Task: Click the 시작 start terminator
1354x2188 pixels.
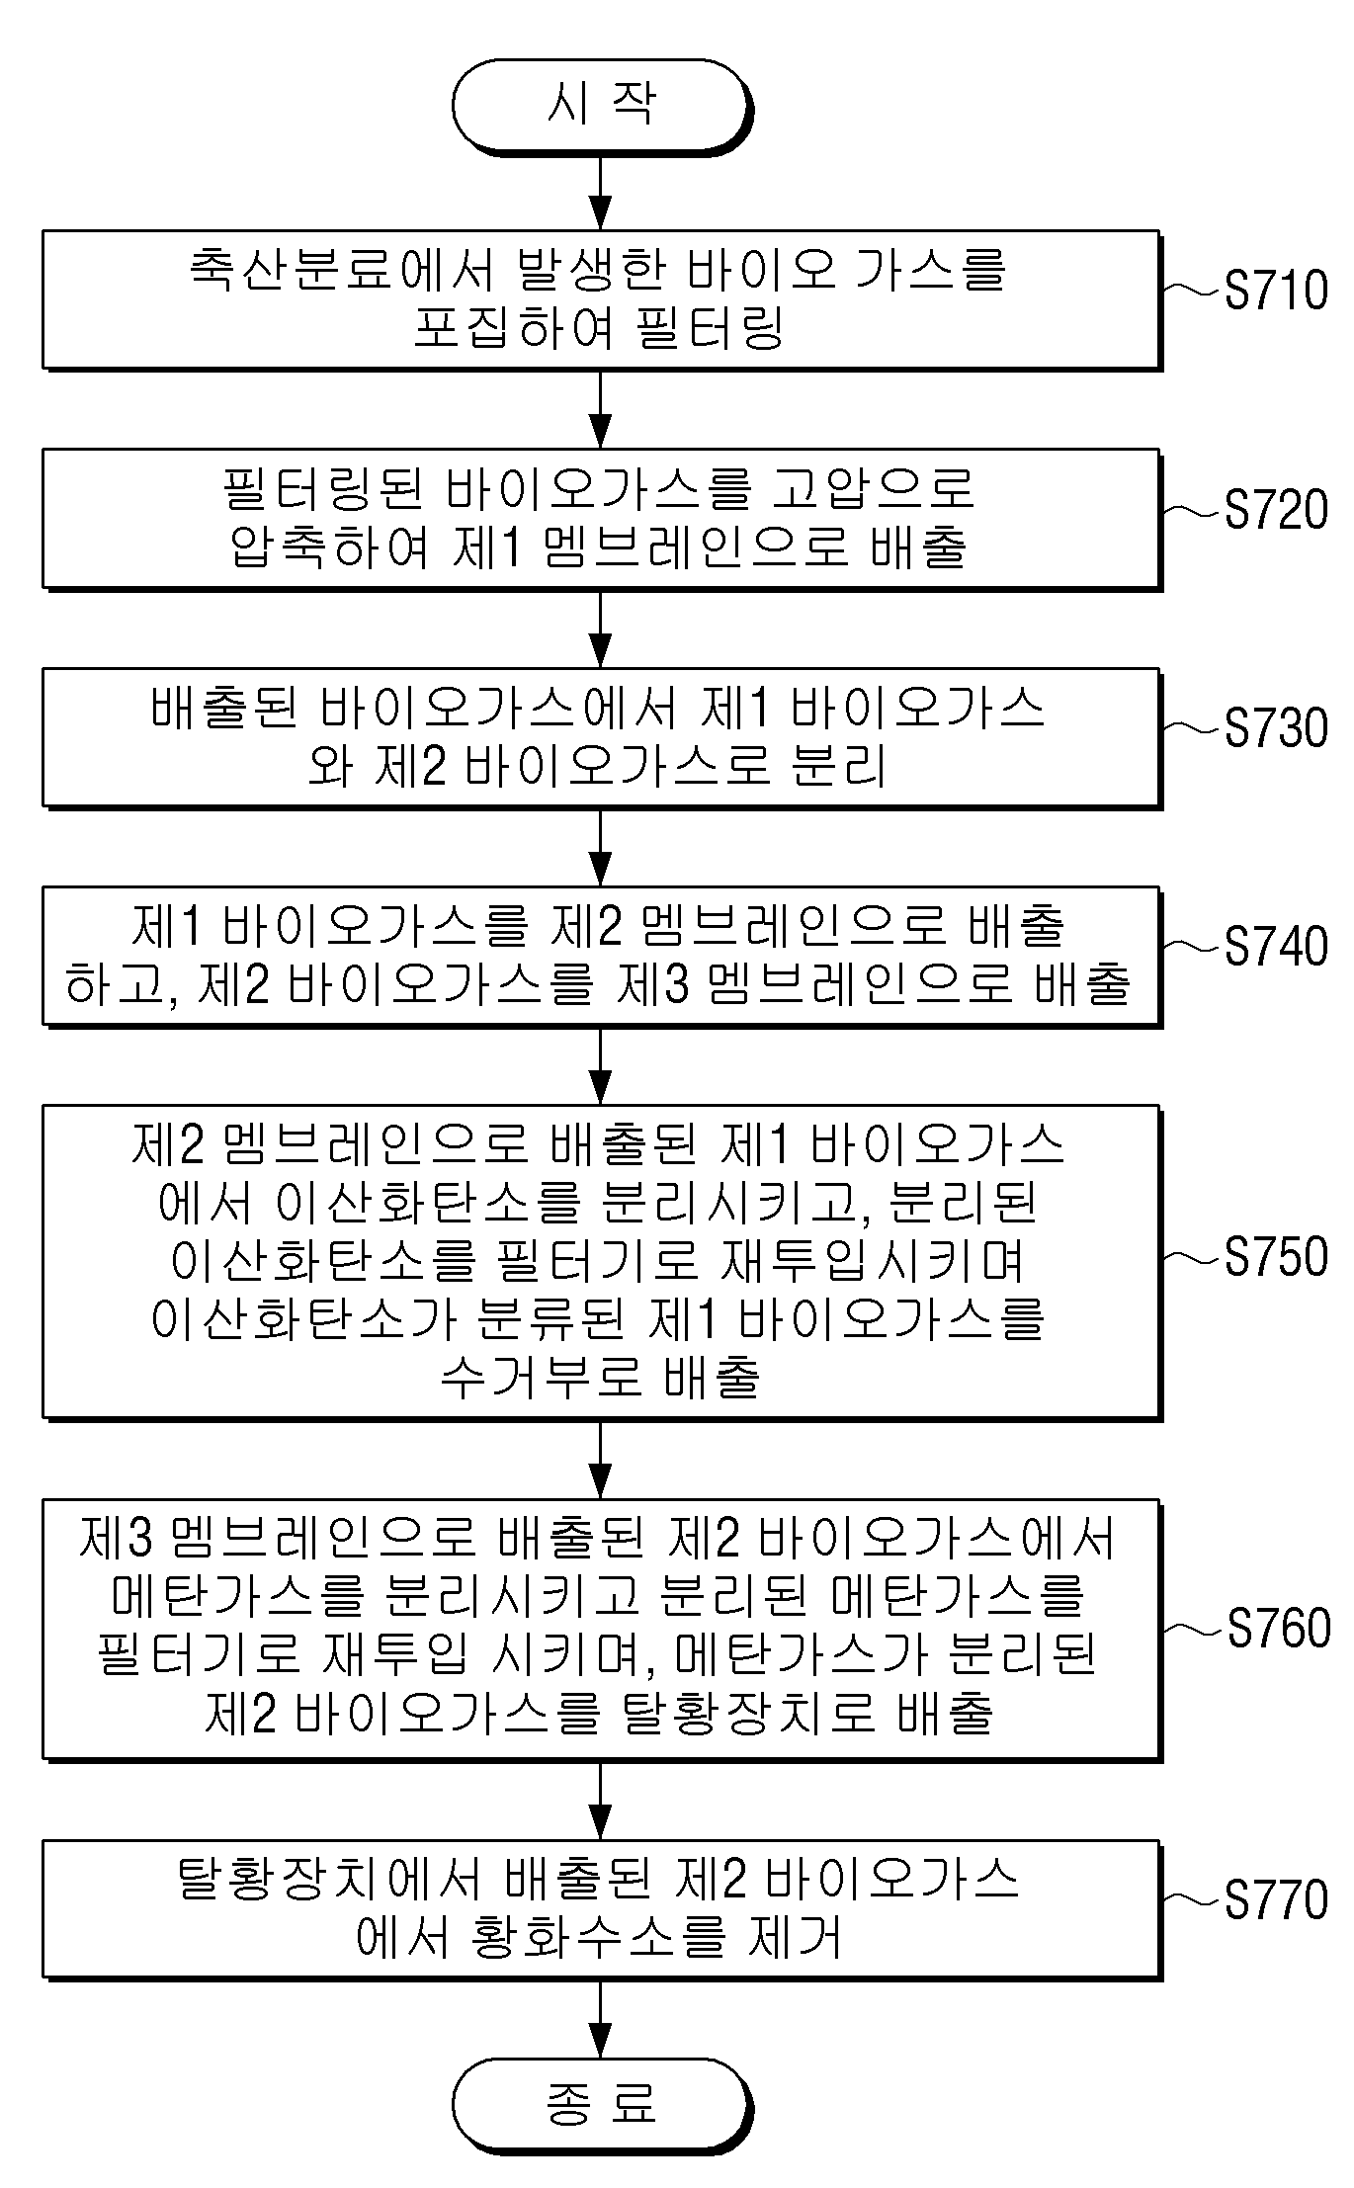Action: click(x=601, y=106)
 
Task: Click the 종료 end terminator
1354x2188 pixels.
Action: click(x=601, y=2103)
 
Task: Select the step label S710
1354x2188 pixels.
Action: click(x=1276, y=291)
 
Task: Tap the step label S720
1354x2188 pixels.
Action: click(x=1276, y=510)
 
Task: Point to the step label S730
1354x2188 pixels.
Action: click(x=1276, y=728)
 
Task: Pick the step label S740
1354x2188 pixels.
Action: click(x=1276, y=947)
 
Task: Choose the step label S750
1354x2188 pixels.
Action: click(x=1276, y=1257)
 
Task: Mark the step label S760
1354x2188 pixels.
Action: click(x=1278, y=1629)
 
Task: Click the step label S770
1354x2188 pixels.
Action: click(x=1276, y=1900)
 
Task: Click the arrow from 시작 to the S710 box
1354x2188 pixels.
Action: click(x=600, y=192)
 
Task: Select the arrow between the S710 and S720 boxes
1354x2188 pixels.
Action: click(x=600, y=409)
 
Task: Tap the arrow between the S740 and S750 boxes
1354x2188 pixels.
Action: click(x=600, y=1065)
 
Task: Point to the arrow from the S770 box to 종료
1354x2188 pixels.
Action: click(x=600, y=2018)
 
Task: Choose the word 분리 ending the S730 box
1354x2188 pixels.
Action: click(x=839, y=766)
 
